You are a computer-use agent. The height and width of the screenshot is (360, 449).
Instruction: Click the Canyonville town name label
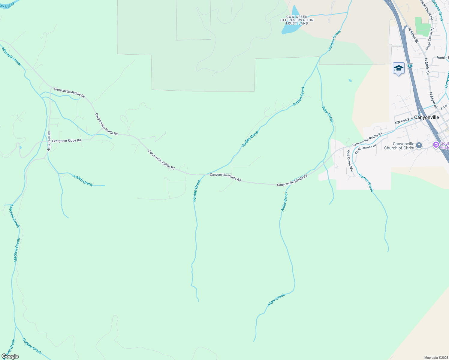pyautogui.click(x=426, y=117)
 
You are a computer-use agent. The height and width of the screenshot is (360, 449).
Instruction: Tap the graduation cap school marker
pyautogui.click(x=399, y=69)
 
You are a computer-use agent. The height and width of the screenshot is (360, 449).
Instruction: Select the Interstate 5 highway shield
pyautogui.click(x=410, y=65)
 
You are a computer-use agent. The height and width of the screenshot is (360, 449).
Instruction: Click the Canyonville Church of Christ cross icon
pyautogui.click(x=419, y=145)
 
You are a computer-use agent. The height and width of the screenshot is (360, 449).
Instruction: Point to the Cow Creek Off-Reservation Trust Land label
pyautogui.click(x=297, y=20)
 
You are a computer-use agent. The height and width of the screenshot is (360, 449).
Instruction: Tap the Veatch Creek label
pyautogui.click(x=82, y=180)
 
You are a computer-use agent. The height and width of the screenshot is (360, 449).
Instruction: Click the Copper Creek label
pyautogui.click(x=32, y=346)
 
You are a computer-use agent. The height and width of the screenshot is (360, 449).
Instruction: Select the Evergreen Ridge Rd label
pyautogui.click(x=66, y=140)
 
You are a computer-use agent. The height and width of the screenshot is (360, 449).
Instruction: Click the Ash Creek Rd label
pyautogui.click(x=49, y=141)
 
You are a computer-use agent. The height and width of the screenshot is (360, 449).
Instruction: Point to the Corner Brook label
pyautogui.click(x=366, y=182)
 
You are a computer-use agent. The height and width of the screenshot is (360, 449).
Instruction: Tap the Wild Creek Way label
pyautogui.click(x=350, y=161)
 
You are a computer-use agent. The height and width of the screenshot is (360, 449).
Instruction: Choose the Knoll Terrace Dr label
pyautogui.click(x=365, y=149)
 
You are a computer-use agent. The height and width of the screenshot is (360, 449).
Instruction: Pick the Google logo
pyautogui.click(x=10, y=356)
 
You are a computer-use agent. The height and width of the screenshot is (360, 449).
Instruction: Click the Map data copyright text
pyautogui.click(x=436, y=358)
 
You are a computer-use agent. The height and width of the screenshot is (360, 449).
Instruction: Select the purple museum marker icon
pyautogui.click(x=436, y=145)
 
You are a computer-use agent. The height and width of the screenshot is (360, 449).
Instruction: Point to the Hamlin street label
pyautogui.click(x=442, y=58)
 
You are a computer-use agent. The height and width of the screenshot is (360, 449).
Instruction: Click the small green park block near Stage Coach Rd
pyautogui.click(x=422, y=27)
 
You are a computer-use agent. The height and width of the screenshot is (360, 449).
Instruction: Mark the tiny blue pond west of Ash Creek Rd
pyautogui.click(x=20, y=147)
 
